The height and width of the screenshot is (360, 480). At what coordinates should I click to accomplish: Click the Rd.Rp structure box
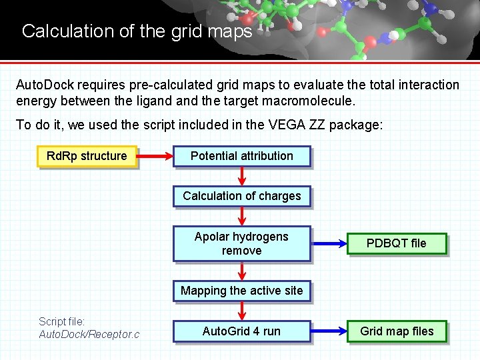coord(87,156)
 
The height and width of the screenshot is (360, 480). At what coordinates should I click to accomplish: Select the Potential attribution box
coord(242,156)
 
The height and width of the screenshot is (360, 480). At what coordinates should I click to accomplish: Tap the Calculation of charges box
coord(242,196)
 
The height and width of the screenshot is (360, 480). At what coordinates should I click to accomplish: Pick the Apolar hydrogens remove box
coord(242,243)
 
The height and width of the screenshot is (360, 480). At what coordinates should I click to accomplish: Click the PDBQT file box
coord(397,243)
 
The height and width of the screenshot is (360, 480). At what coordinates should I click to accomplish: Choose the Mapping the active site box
coord(242,291)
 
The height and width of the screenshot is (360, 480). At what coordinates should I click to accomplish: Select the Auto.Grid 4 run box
coord(242,331)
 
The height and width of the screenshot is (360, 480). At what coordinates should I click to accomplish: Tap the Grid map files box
coord(397,331)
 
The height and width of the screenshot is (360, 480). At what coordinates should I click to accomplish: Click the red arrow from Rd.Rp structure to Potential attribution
coord(155,156)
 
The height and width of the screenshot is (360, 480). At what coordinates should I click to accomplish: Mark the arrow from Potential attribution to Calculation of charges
coord(242,176)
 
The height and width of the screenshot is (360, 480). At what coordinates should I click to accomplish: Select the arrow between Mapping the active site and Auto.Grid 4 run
coord(242,311)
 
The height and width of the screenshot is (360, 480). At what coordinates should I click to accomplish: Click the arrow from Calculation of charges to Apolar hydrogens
coord(242,216)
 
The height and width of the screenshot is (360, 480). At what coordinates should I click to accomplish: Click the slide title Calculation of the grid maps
coord(137,31)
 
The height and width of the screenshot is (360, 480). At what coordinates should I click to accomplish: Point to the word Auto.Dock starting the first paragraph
coord(45,85)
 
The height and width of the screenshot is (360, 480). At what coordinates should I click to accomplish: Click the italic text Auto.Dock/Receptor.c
coord(89,333)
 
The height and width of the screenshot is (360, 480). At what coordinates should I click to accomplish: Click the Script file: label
coord(62,321)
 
